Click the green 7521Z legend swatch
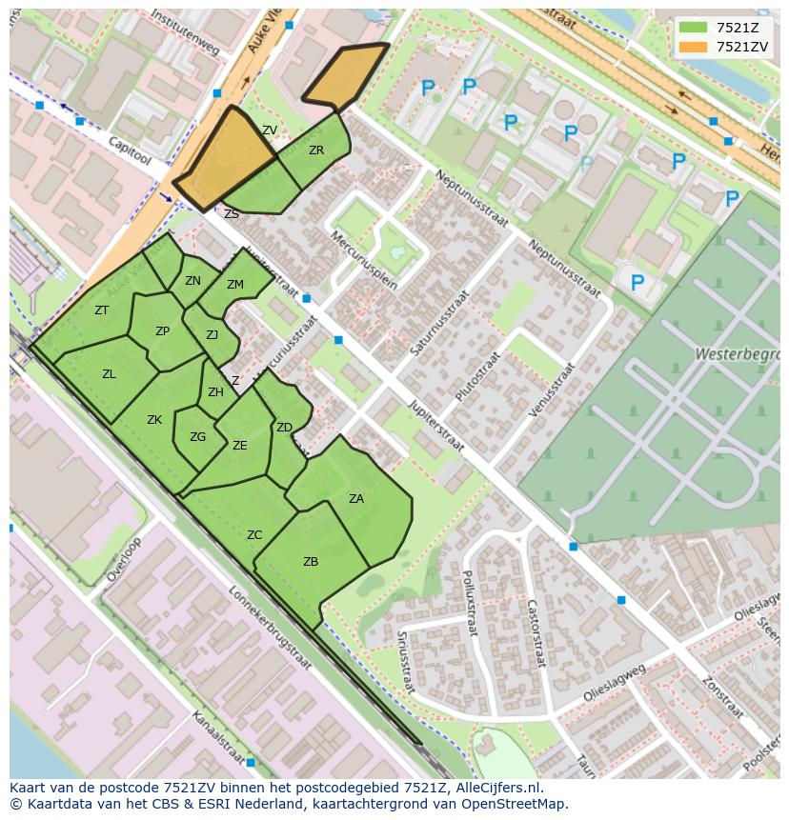(x=693, y=27)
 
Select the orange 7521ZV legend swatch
(x=693, y=46)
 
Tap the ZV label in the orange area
(x=270, y=130)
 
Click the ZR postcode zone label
(x=316, y=150)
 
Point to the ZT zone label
(x=101, y=310)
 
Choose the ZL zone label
(x=109, y=374)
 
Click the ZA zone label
(x=356, y=498)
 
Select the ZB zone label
(x=311, y=562)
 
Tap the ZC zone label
(x=254, y=535)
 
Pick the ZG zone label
(x=197, y=437)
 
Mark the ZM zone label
(x=235, y=285)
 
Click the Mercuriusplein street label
(x=363, y=258)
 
